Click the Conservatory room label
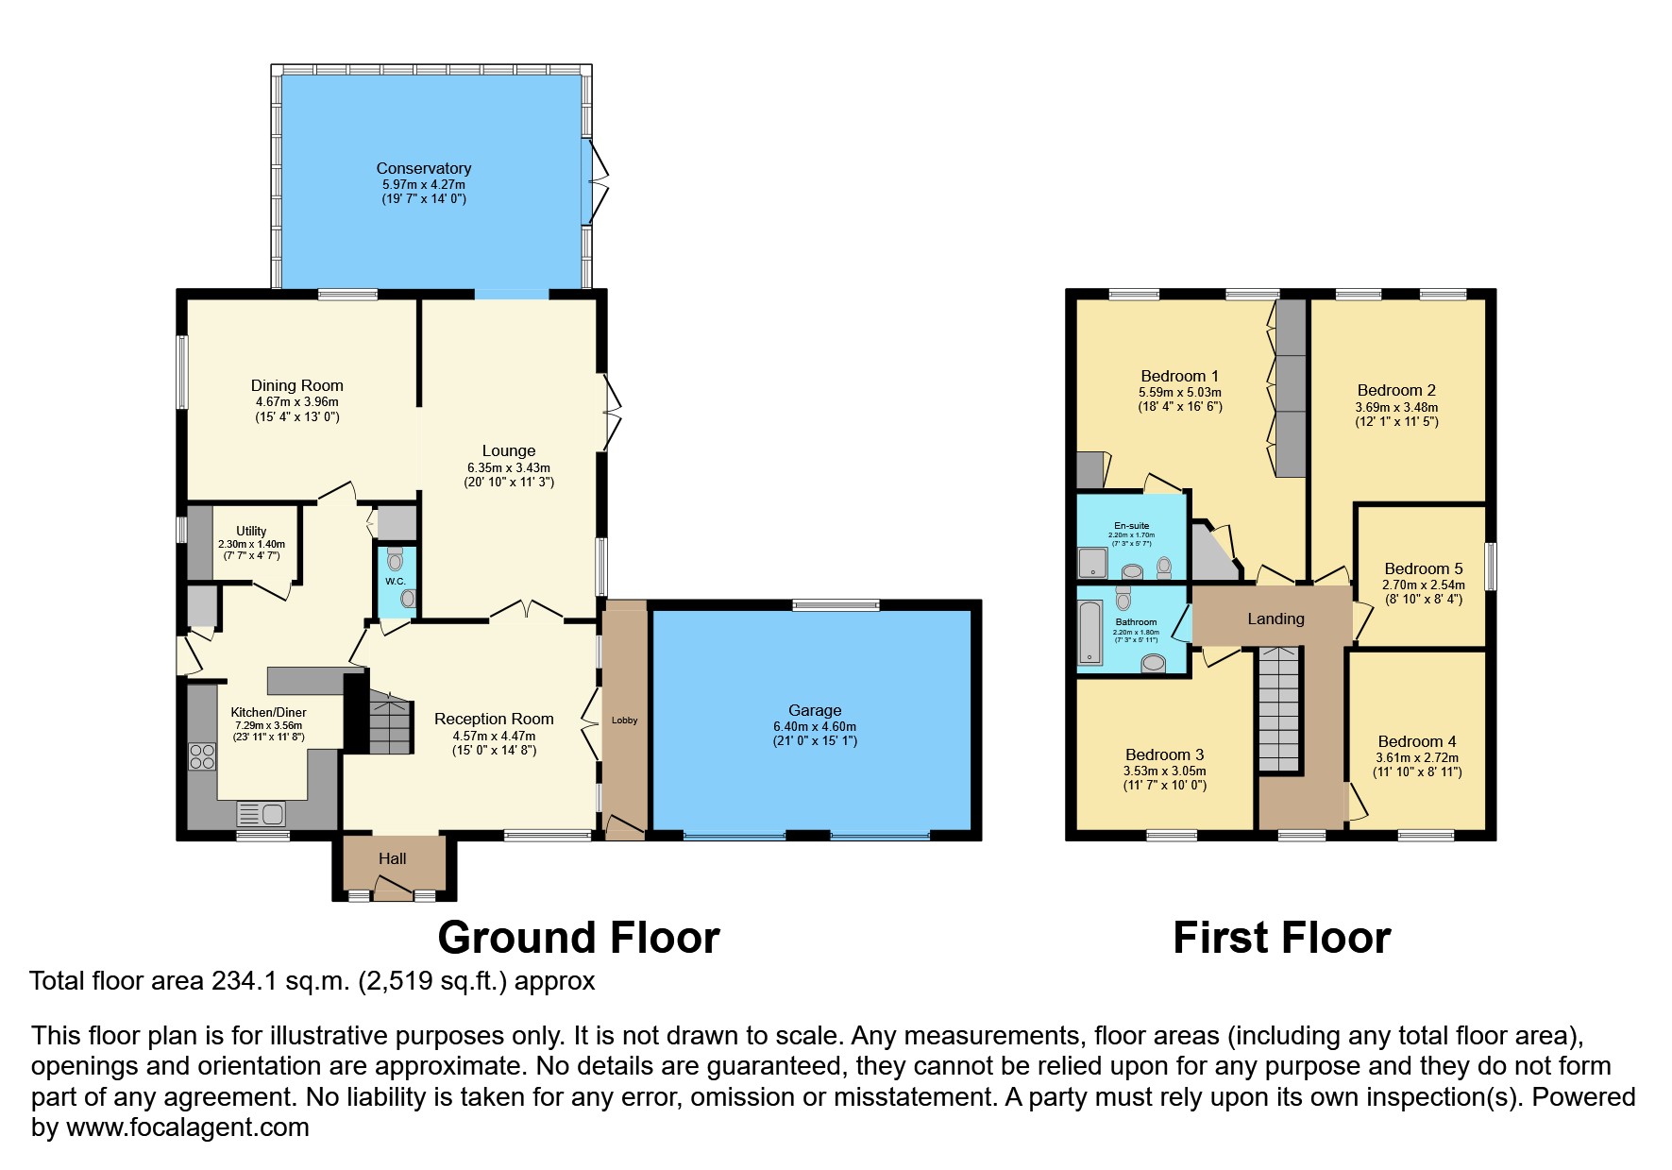[x=423, y=169]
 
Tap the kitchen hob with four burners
[x=202, y=756]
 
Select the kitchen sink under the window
[x=262, y=813]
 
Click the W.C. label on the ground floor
[x=395, y=582]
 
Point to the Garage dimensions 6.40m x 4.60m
[x=814, y=726]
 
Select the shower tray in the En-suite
[x=1093, y=562]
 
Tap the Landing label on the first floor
[x=1275, y=619]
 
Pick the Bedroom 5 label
[x=1423, y=568]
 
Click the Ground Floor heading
[x=578, y=938]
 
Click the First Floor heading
[x=1281, y=938]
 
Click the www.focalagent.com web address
[x=187, y=1127]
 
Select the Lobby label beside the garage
[x=624, y=720]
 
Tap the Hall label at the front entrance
[x=392, y=858]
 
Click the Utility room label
[x=251, y=531]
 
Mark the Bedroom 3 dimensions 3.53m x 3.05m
[x=1164, y=771]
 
